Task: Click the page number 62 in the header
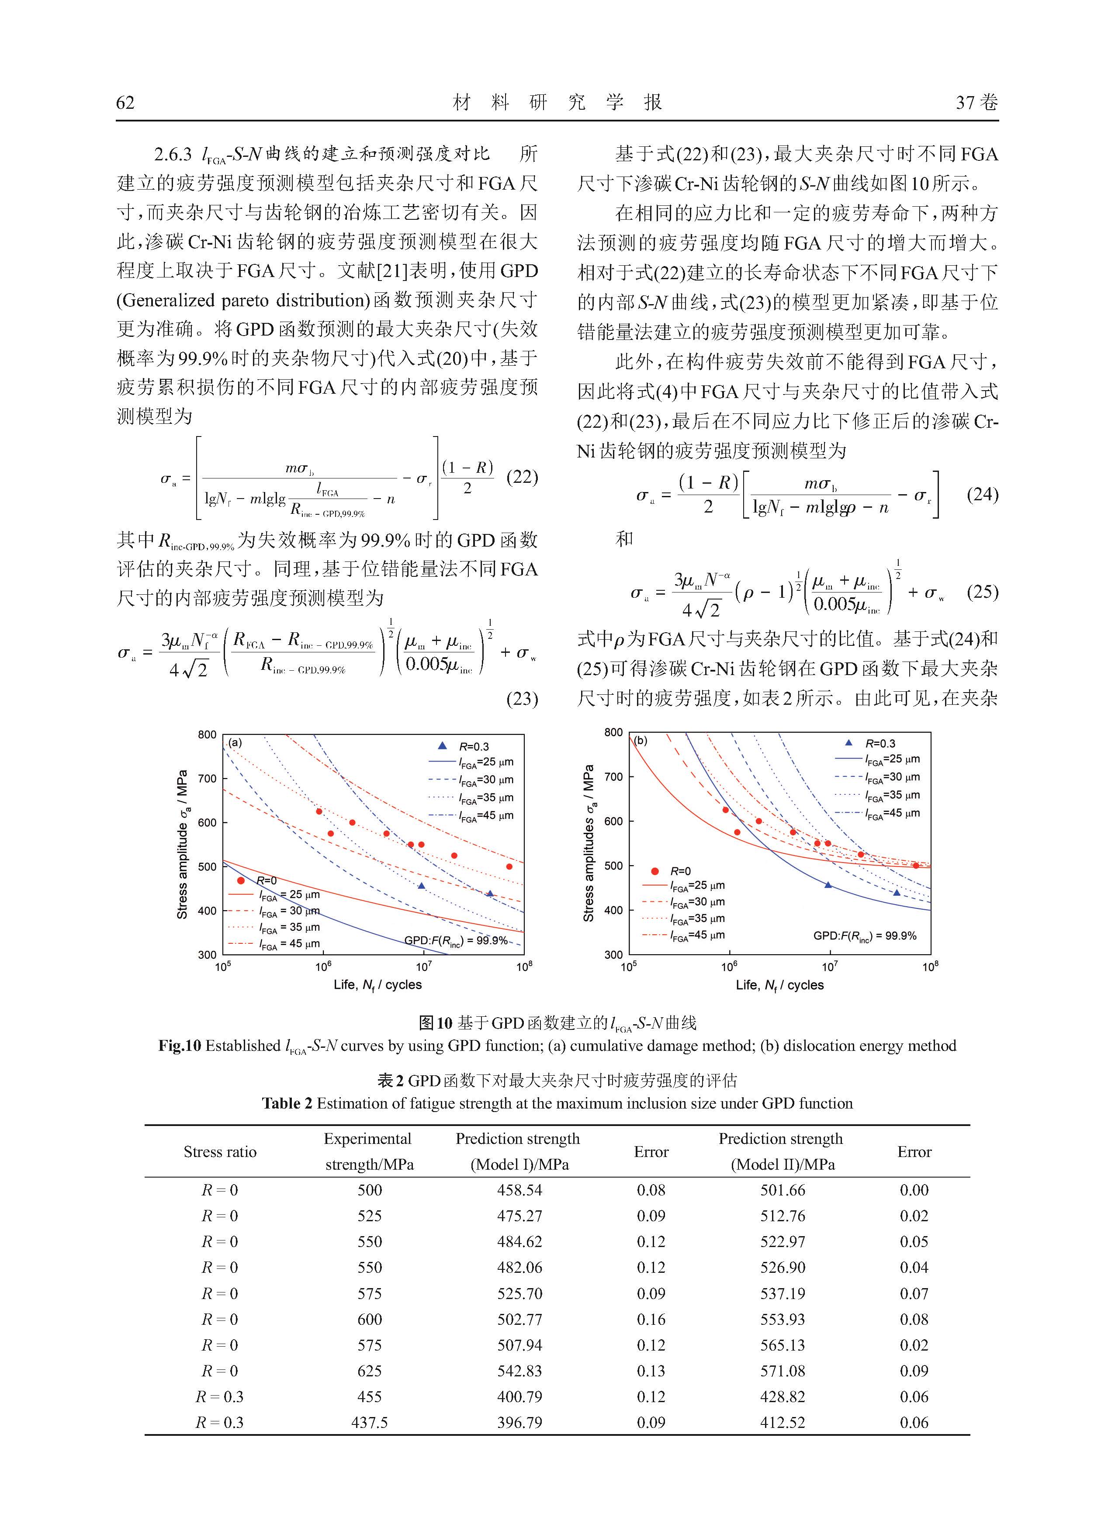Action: (x=125, y=103)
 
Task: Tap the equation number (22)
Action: (x=522, y=477)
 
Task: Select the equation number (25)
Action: (x=982, y=592)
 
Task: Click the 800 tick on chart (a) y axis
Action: (x=207, y=735)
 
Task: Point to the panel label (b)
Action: (x=640, y=740)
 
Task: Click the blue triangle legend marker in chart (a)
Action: (x=443, y=746)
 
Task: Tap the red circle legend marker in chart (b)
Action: (x=654, y=871)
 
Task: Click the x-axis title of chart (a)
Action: (x=377, y=985)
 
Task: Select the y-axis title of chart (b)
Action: (x=589, y=844)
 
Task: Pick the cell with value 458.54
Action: (x=519, y=1190)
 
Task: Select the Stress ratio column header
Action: (x=220, y=1151)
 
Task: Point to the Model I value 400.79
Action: (x=519, y=1396)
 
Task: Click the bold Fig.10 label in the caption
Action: (x=180, y=1046)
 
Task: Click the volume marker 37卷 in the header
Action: (x=976, y=103)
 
